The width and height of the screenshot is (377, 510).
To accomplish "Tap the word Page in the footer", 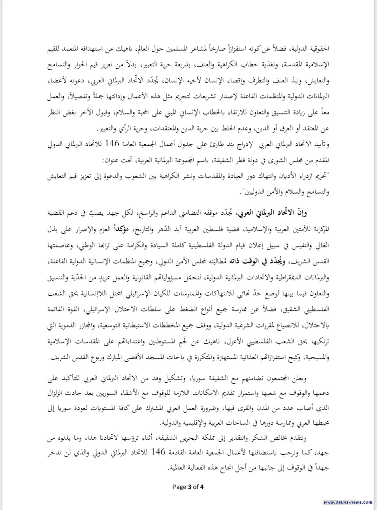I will point(180,487).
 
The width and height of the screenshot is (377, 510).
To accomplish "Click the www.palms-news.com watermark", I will point(348,502).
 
